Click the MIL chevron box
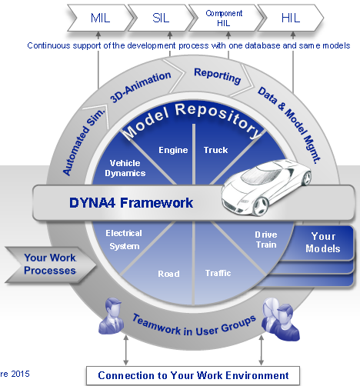pos(100,18)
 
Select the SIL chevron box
pos(161,18)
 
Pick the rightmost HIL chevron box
pos(291,18)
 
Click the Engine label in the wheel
pos(173,150)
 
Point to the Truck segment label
pos(215,150)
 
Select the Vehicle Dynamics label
pos(125,168)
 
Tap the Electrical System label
pos(124,240)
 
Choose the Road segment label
pos(168,274)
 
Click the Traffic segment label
pos(218,273)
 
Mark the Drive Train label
pos(266,240)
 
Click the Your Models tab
pos(323,242)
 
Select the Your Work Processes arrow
pos(51,265)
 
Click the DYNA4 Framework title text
pos(131,203)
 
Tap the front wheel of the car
pos(261,206)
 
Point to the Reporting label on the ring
pos(218,76)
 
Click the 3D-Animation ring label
pos(141,87)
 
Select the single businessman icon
pos(112,316)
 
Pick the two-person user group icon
pos(280,319)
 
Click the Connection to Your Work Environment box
pos(193,376)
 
